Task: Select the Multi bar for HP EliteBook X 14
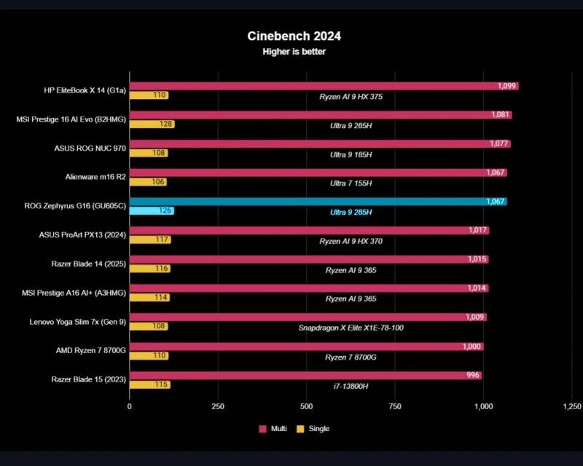coord(313,86)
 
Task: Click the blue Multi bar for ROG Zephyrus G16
coord(313,202)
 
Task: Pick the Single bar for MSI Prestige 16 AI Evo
coord(152,124)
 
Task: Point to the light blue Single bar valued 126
coord(151,210)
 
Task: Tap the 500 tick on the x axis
coord(306,406)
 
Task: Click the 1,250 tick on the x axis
coord(572,406)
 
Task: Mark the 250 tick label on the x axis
coord(218,406)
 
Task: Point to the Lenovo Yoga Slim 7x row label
coord(77,321)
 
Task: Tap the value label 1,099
coord(507,86)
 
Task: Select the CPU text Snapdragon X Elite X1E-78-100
coord(351,328)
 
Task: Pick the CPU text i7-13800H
coord(351,385)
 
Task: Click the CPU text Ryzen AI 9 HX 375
coord(351,96)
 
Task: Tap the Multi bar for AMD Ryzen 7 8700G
coord(306,347)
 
